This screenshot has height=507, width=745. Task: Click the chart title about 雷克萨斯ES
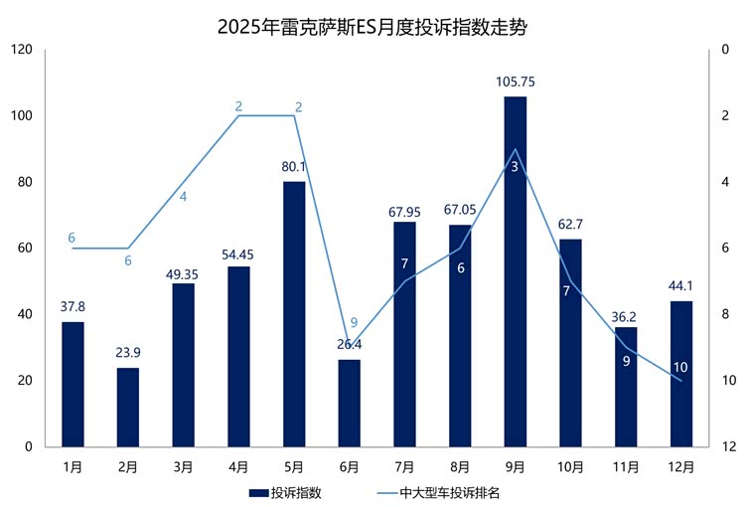(372, 27)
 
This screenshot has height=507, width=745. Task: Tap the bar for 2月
(128, 408)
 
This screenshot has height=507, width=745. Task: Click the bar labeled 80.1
(294, 314)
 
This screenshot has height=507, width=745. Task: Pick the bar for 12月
(681, 374)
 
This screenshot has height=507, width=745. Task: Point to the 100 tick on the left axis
(22, 116)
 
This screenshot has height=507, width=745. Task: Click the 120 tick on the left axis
(22, 50)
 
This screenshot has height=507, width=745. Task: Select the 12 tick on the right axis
(728, 447)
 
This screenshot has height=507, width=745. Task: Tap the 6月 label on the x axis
(349, 466)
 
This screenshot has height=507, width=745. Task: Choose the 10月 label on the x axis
(570, 466)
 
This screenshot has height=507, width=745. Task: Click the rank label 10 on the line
(680, 368)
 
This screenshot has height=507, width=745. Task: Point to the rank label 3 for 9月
(515, 167)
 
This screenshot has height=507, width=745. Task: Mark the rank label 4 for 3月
(183, 197)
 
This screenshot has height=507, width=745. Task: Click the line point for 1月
(73, 249)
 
